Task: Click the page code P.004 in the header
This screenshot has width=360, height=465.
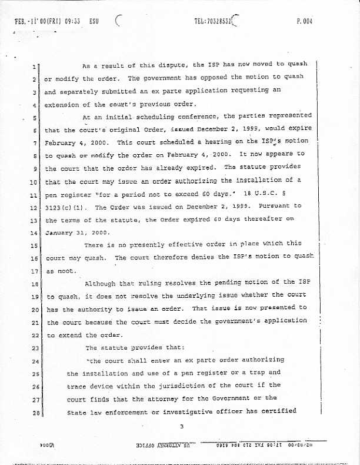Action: click(304, 22)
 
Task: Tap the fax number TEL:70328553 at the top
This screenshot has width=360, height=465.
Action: click(213, 22)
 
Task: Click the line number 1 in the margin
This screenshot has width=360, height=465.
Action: click(36, 67)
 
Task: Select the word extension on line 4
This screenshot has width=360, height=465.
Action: click(65, 105)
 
